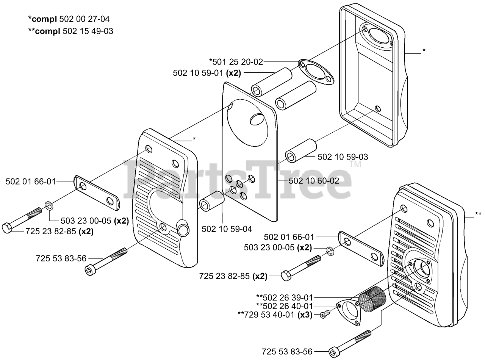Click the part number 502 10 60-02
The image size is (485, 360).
(314, 181)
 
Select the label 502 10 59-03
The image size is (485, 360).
(343, 157)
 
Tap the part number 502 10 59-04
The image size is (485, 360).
(227, 229)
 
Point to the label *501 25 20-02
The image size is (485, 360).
(236, 61)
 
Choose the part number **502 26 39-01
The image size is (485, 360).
(285, 297)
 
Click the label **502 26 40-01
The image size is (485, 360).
(285, 306)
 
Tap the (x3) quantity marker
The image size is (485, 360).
(305, 314)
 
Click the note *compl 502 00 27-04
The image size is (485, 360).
(69, 19)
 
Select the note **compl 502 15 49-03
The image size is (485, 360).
(70, 31)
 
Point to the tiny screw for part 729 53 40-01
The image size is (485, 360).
(324, 315)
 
